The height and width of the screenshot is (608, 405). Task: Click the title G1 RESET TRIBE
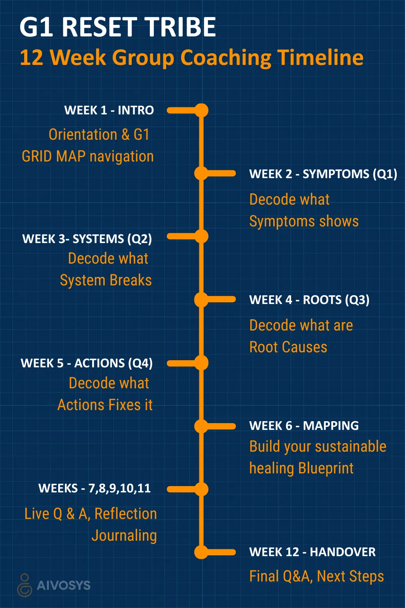[118, 27]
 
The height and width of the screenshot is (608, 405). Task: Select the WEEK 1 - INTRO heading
[109, 110]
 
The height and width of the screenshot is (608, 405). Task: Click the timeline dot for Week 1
[201, 110]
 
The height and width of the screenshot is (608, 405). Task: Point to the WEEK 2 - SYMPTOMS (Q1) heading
[323, 174]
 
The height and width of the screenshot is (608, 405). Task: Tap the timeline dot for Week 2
[201, 173]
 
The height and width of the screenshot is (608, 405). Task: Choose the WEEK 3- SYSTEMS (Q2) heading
[87, 239]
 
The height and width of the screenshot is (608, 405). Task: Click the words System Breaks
[106, 280]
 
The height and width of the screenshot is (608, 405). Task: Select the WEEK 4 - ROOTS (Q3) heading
[309, 300]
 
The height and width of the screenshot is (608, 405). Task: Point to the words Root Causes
[288, 347]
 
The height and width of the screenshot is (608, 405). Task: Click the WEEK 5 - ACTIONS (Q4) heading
[87, 363]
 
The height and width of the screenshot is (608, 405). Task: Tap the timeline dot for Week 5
[201, 363]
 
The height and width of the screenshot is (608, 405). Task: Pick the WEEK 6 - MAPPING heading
[304, 426]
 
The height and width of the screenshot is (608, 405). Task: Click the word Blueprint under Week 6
[326, 468]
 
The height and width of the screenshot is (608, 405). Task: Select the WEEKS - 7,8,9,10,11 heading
[95, 488]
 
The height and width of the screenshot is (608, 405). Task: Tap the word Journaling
[124, 535]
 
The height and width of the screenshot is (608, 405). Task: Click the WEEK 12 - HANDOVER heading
[312, 552]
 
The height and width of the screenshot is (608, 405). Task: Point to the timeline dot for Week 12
[201, 552]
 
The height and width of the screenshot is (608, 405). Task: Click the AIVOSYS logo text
[63, 585]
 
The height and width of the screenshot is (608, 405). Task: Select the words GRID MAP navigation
[88, 156]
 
